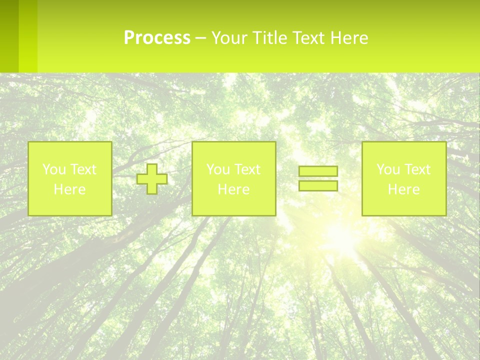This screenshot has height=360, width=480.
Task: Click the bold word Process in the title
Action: pos(157,38)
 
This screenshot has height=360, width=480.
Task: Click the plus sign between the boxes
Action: pos(152,178)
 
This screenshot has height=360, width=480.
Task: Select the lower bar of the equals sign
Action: pos(318,185)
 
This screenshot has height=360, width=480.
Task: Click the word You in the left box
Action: pos(53,169)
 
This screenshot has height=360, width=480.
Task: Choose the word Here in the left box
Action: pos(69,189)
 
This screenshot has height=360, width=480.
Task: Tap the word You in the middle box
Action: pos(217,169)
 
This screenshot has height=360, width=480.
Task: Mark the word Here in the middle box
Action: pos(233,189)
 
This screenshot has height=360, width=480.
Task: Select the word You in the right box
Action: pos(387,169)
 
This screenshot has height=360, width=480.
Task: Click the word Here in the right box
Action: pos(403,189)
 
